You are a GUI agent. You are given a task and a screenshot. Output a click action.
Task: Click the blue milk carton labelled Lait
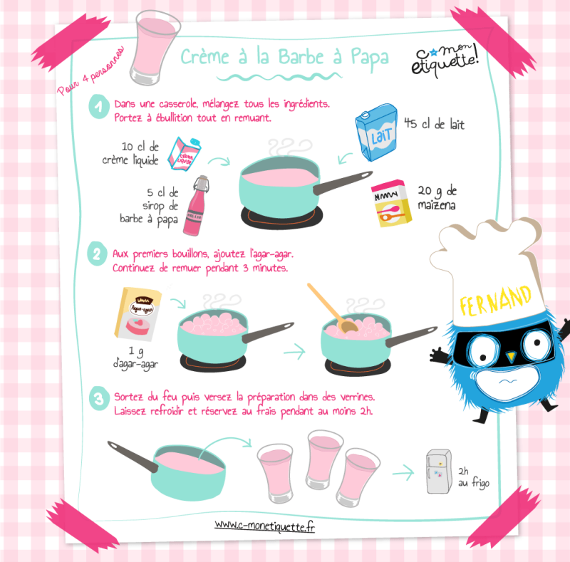(x=376, y=132)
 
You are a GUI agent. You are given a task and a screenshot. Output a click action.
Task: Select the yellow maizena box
(x=391, y=203)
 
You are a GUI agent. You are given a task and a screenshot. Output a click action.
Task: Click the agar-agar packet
(x=138, y=314)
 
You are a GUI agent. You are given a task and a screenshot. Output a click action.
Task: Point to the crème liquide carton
(x=185, y=154)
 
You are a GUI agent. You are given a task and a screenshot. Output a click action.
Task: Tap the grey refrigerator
(x=439, y=472)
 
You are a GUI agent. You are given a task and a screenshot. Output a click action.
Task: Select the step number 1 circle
(x=99, y=106)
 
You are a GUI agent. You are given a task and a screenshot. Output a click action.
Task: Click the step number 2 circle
(x=97, y=254)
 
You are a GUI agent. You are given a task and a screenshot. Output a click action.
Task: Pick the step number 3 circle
(x=99, y=398)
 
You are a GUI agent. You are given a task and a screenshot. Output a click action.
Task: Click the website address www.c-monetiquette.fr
(x=264, y=526)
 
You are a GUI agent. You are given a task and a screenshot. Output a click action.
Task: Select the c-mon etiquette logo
(x=445, y=60)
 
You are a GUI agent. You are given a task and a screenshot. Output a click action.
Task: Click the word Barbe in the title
(x=301, y=57)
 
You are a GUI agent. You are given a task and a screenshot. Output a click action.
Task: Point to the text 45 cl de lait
(x=435, y=124)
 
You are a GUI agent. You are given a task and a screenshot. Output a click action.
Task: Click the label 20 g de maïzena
(x=437, y=198)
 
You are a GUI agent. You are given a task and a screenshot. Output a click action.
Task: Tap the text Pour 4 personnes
(x=90, y=71)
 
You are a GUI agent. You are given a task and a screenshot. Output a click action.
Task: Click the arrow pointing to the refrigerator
(x=403, y=473)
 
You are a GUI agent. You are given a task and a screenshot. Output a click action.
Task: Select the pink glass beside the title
(x=155, y=47)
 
